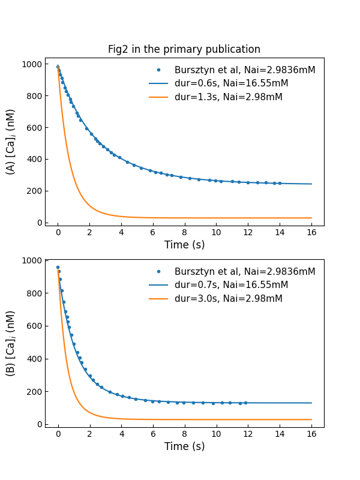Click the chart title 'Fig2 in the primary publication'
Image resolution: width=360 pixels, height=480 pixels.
tap(184, 50)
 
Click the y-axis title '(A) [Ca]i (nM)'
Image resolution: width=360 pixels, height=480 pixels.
tap(11, 142)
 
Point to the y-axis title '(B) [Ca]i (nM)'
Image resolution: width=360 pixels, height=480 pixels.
tap(11, 343)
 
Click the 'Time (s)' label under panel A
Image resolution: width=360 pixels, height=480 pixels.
tap(184, 245)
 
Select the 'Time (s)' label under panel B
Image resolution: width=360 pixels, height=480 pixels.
tap(184, 446)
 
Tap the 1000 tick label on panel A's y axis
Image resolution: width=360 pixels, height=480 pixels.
tap(32, 64)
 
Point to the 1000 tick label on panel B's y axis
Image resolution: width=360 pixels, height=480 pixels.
tap(32, 260)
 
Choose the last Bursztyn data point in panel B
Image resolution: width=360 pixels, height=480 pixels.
tap(245, 403)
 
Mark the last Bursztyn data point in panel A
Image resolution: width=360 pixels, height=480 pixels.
tap(280, 183)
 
